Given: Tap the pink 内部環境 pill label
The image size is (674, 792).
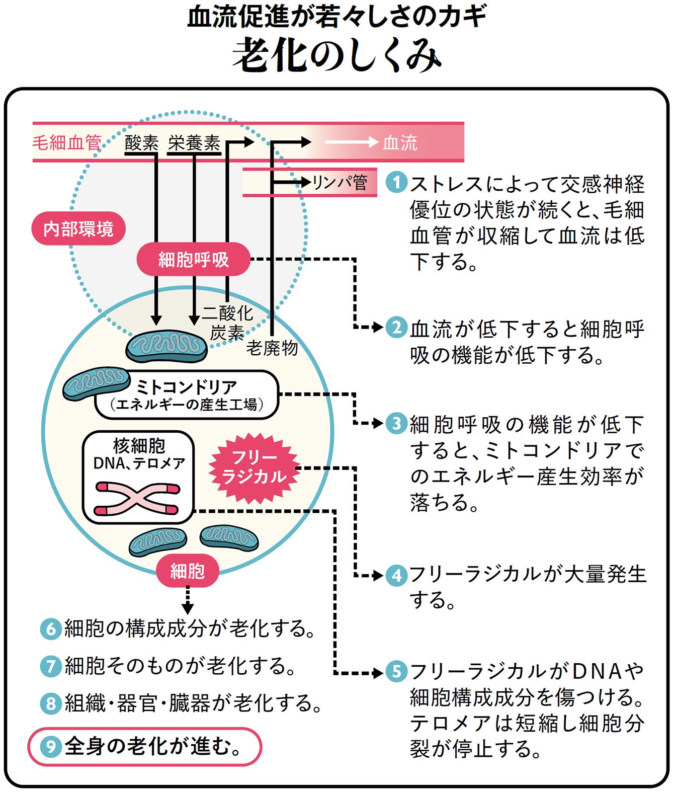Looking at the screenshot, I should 78,229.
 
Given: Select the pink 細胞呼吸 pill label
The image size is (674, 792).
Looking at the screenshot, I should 194,259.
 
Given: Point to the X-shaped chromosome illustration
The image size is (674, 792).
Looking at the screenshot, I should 137,499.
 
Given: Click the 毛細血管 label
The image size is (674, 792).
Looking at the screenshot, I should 67,143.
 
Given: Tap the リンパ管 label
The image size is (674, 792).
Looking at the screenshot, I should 340,182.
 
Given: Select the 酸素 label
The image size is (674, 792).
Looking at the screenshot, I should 141,143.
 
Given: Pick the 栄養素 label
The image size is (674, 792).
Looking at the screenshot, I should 194,143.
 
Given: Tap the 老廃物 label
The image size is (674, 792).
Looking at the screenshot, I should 272,348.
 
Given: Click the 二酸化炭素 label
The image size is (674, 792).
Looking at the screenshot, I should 227,323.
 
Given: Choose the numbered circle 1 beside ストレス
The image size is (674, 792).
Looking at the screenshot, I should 396,182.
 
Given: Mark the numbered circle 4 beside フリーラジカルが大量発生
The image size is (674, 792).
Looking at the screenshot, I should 396,575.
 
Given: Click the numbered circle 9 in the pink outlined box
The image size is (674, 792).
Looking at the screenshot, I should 50,746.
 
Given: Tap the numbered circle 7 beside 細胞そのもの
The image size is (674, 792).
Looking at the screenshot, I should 50,666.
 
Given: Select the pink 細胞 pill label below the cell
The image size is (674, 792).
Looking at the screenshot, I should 187,571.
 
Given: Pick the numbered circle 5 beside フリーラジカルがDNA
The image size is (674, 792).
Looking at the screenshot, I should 396,672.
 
